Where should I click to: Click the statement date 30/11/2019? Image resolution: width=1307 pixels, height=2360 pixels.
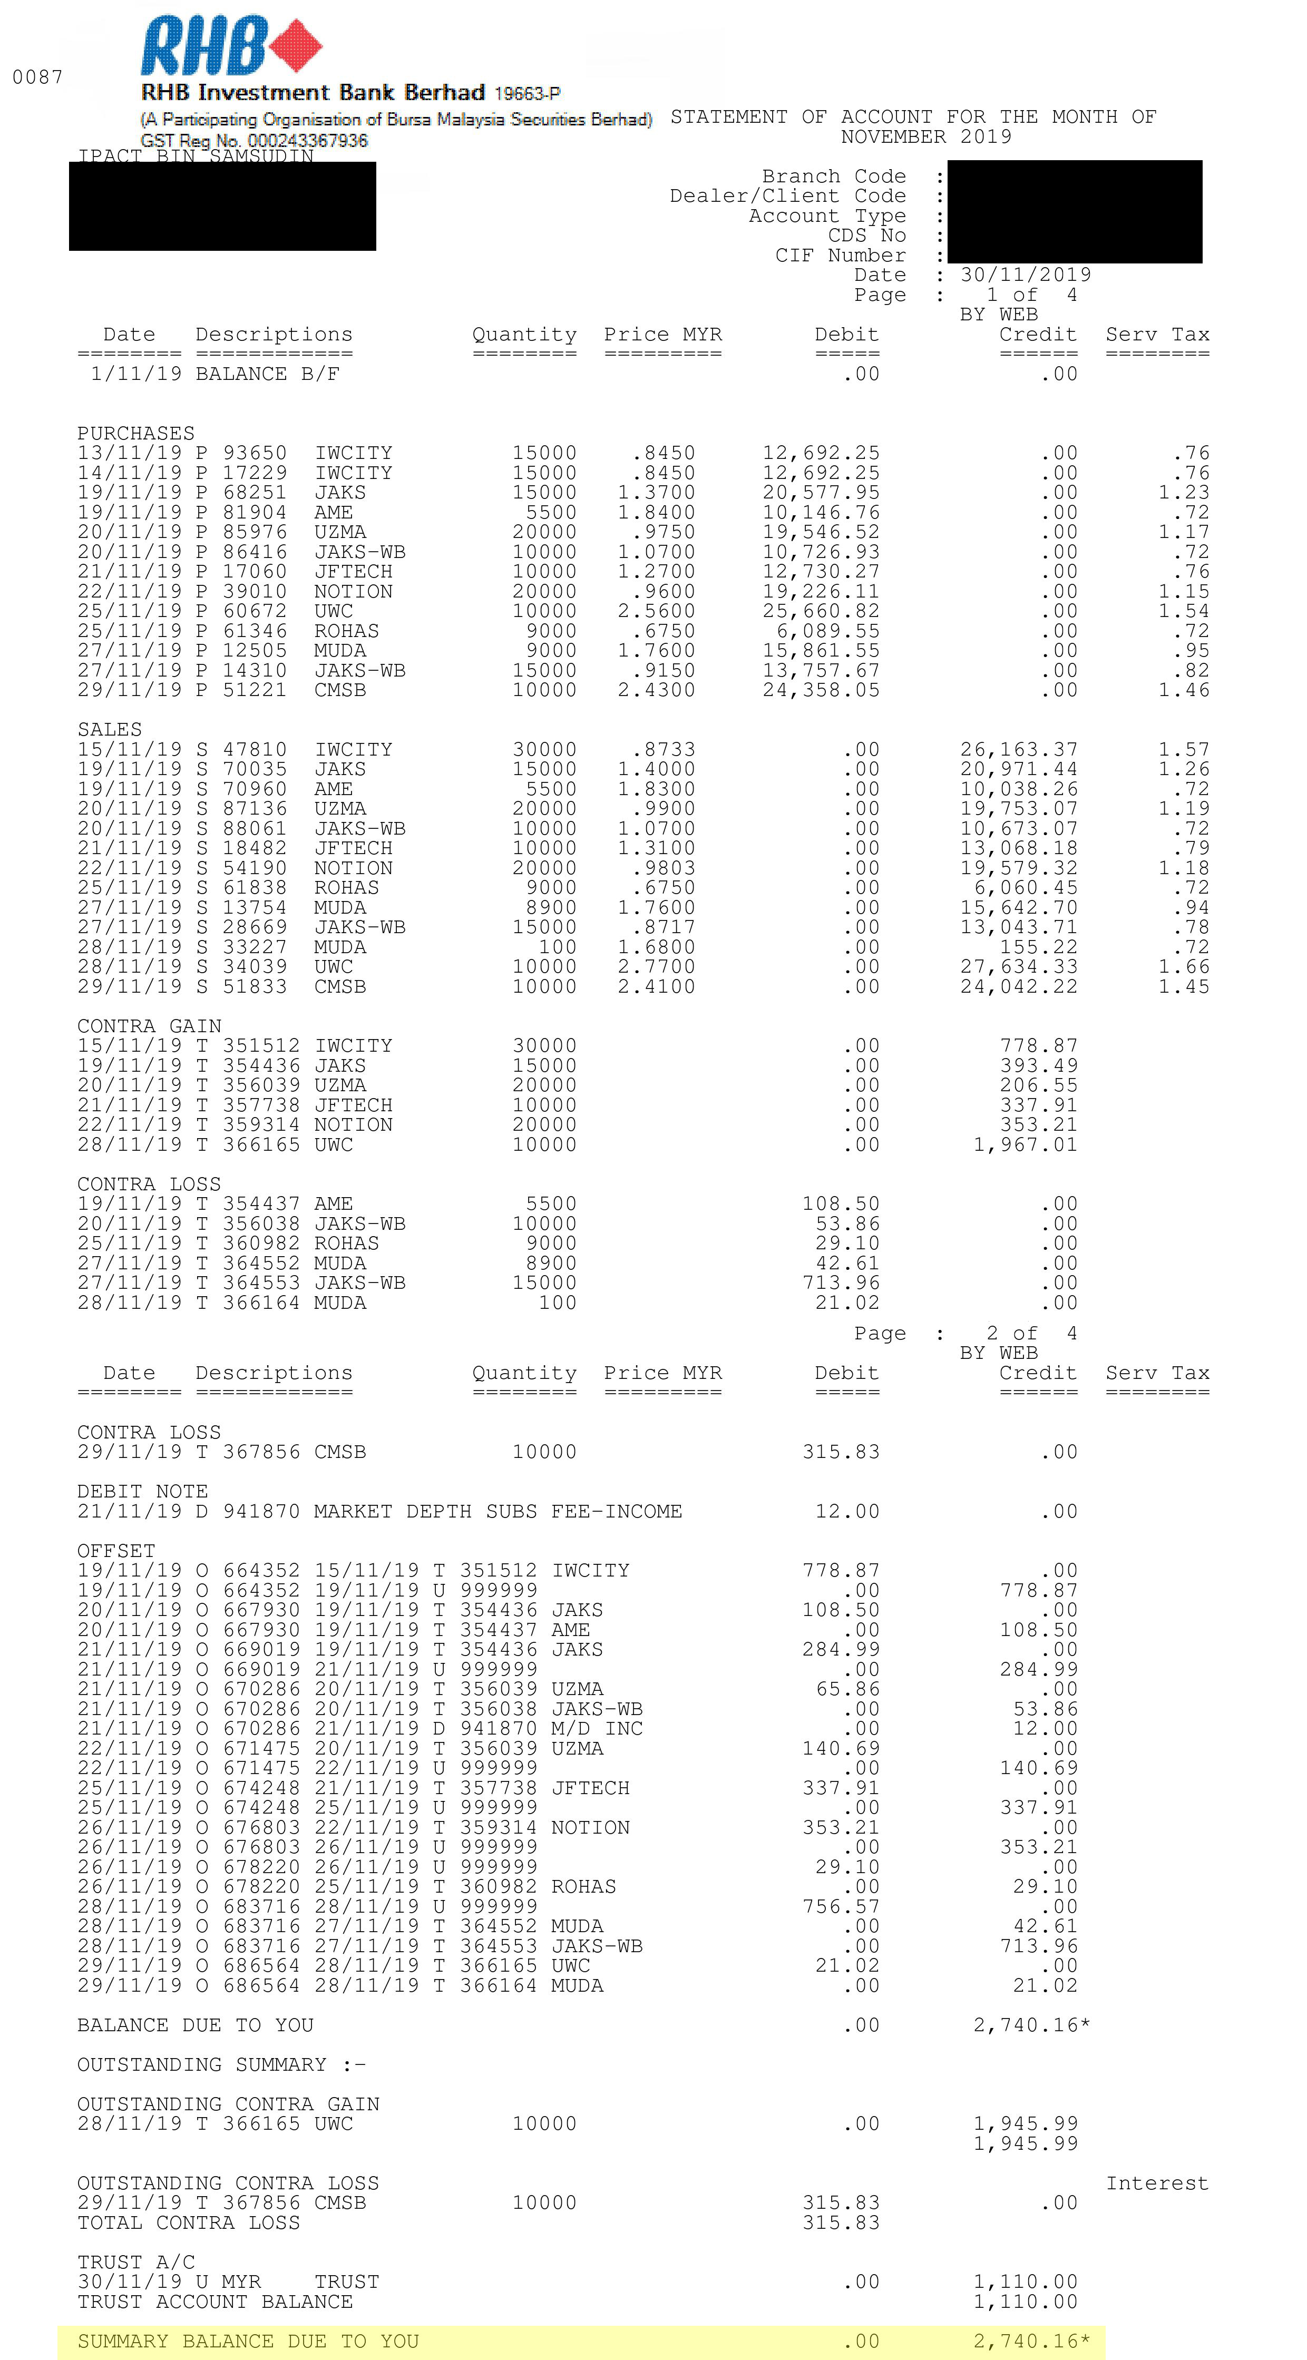1026,275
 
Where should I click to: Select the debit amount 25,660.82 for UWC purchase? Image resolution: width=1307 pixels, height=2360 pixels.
821,611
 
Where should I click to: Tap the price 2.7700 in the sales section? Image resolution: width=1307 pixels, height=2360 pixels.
656,966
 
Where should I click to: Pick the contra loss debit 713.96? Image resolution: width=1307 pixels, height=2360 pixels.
841,1282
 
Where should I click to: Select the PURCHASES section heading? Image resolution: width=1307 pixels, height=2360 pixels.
135,433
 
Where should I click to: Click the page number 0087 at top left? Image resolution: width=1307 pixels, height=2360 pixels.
37,77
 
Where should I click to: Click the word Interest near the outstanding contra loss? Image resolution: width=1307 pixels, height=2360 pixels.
1157,2183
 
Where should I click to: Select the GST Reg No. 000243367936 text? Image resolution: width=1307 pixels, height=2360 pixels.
254,140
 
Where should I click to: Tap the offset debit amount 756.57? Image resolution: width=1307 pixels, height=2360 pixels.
841,1906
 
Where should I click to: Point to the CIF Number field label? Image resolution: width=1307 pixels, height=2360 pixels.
840,256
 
